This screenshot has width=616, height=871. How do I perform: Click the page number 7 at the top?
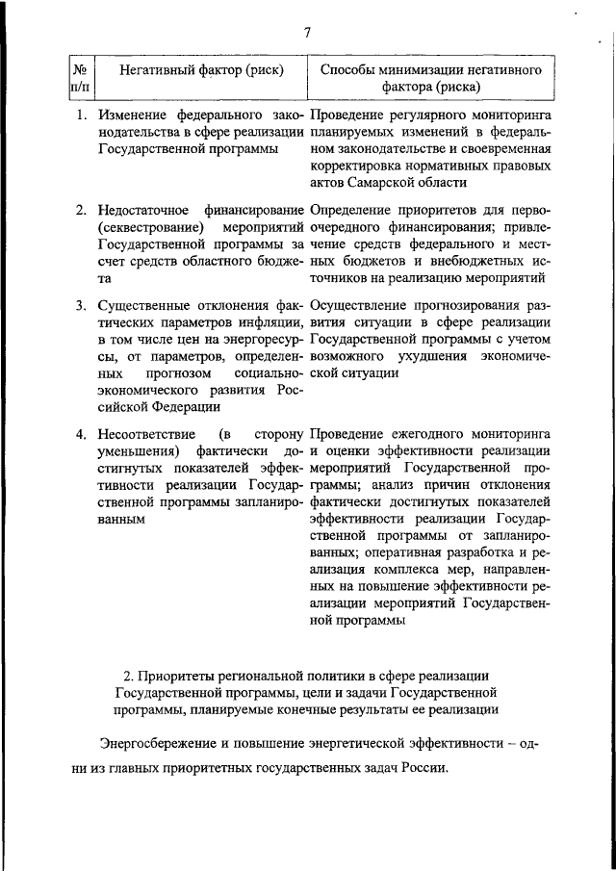click(x=307, y=33)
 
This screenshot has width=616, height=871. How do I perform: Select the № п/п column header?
click(x=80, y=79)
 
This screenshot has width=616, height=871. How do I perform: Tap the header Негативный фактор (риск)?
click(x=193, y=70)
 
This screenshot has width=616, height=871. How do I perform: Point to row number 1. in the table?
click(x=84, y=116)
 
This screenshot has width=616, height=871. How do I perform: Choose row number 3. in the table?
click(x=84, y=305)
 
